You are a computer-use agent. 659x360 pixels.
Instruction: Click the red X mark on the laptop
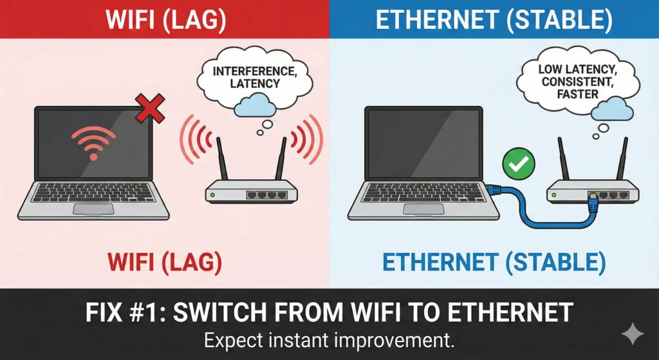149,108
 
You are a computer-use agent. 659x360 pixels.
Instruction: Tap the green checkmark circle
519,164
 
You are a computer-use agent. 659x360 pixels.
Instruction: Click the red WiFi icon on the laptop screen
93,143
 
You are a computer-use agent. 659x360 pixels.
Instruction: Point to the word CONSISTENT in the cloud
578,81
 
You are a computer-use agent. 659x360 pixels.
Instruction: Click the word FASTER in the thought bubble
577,94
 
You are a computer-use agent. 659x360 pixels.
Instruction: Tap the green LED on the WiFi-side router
212,194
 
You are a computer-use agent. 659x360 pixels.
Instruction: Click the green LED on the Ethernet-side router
554,194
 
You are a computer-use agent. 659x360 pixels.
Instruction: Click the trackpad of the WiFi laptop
93,209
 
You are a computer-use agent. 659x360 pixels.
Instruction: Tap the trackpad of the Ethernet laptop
423,209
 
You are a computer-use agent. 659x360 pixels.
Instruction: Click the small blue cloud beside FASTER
612,108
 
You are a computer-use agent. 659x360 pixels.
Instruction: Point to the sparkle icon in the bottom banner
633,334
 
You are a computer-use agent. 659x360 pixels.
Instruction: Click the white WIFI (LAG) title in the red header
165,20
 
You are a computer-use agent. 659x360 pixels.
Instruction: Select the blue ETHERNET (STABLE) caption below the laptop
494,261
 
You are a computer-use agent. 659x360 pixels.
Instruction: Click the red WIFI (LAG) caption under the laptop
165,261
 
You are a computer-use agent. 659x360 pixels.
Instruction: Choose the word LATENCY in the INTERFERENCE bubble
255,83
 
